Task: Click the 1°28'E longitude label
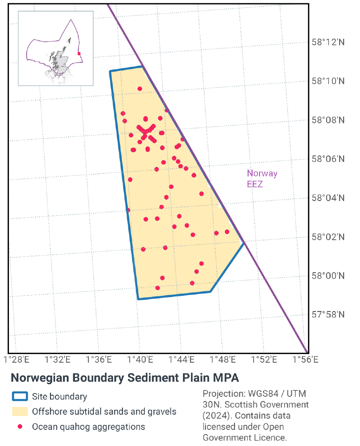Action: tap(16, 360)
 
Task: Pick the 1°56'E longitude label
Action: tap(305, 360)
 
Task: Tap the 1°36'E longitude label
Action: tap(99, 360)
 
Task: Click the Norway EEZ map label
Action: tap(262, 178)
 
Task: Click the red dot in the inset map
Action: tap(79, 54)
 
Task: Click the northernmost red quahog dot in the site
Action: tap(140, 89)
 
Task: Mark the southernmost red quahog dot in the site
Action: tap(158, 288)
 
